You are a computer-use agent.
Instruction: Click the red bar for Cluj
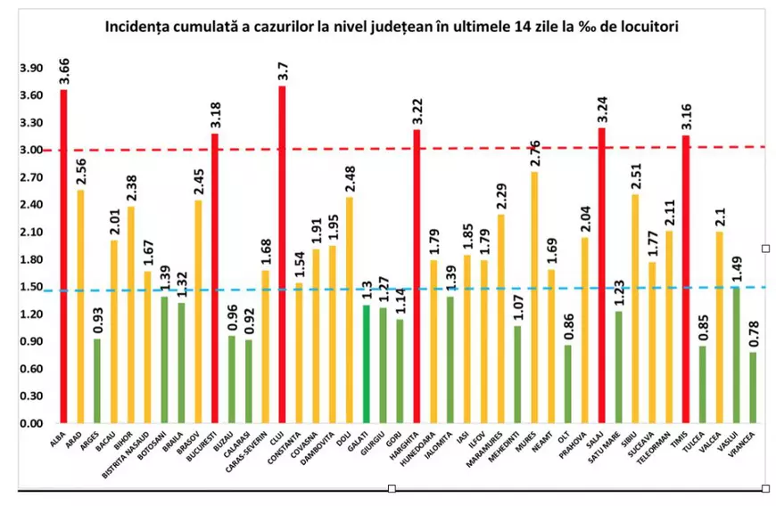click(x=282, y=258)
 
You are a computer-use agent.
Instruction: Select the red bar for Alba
click(x=63, y=258)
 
